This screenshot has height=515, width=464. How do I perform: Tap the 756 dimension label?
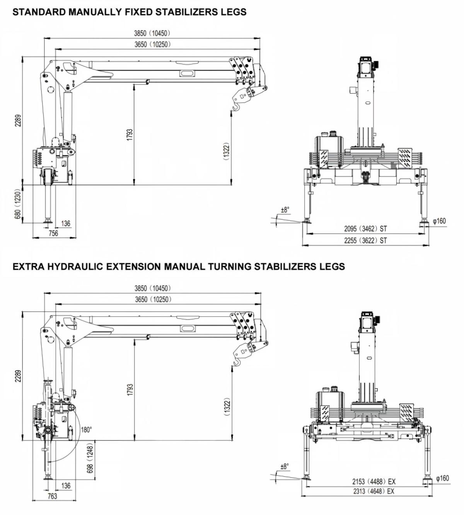(x=53, y=233)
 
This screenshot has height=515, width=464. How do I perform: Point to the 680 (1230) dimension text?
(x=17, y=204)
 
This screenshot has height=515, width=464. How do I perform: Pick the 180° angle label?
(x=86, y=430)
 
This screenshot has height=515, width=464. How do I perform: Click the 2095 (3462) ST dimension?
(x=365, y=229)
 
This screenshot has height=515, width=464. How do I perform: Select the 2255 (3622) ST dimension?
(x=365, y=240)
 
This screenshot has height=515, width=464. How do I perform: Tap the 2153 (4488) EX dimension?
(x=374, y=481)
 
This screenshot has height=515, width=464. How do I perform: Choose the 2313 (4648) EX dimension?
(x=374, y=491)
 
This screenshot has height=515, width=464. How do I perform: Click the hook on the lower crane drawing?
(x=237, y=362)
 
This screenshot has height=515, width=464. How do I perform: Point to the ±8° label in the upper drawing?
(x=285, y=210)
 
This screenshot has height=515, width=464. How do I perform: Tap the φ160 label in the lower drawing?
(x=443, y=478)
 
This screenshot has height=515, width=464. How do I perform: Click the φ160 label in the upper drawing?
(x=439, y=221)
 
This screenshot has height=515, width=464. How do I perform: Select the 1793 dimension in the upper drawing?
(x=130, y=135)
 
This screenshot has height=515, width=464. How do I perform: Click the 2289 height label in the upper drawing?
(x=18, y=120)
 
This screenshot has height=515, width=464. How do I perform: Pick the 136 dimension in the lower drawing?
(x=66, y=486)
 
